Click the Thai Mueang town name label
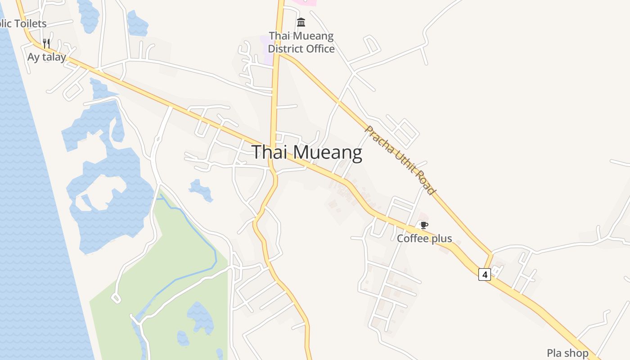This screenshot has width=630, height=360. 306,153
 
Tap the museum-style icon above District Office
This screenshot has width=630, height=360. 301,22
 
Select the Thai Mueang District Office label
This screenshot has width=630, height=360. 301,42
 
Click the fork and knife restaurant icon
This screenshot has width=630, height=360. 46,44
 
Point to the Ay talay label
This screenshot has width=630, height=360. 46,57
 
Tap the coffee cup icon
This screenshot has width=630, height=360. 423,225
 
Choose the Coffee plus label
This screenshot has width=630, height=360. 424,238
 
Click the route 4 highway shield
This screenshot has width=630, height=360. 484,274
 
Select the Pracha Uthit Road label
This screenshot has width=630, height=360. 400,160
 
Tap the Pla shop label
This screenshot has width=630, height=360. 567,353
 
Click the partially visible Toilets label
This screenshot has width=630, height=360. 22,23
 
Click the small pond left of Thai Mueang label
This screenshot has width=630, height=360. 200,189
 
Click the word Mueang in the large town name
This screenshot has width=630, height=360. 330,153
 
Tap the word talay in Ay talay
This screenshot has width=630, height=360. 54,57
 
